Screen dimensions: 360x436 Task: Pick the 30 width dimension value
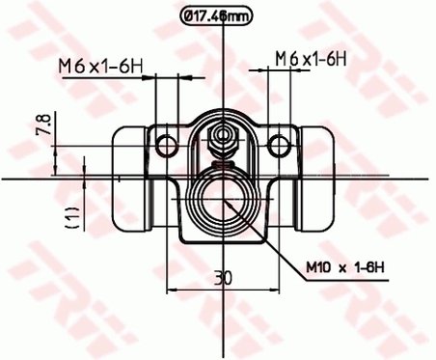tap(224, 277)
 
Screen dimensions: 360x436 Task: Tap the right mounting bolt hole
tap(280, 145)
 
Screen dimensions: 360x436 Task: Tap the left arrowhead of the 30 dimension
tap(173, 288)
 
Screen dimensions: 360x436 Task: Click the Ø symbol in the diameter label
tap(191, 14)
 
